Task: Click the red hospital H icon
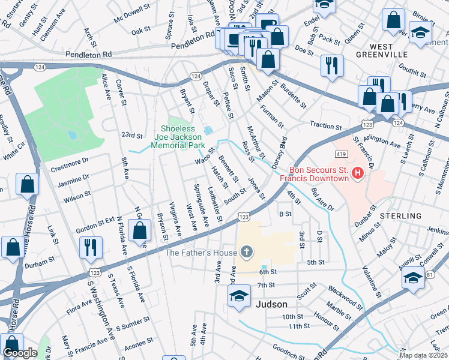pyautogui.click(x=358, y=174)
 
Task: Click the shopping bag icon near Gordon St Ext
pyautogui.click(x=140, y=230)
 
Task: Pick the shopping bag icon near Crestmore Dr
pyautogui.click(x=28, y=184)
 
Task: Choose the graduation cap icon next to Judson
pyautogui.click(x=239, y=296)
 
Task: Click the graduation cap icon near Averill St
pyautogui.click(x=413, y=277)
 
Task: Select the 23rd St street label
pyautogui.click(x=131, y=135)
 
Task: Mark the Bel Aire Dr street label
pyautogui.click(x=322, y=199)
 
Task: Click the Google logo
pyautogui.click(x=20, y=353)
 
